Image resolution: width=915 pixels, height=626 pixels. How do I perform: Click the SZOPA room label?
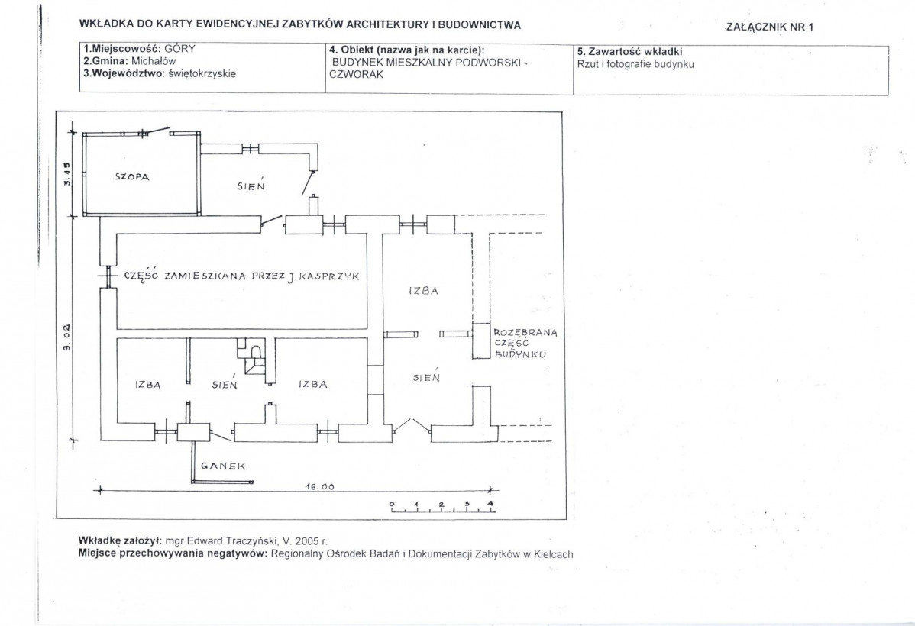point(132,177)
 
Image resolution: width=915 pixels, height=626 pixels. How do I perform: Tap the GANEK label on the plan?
point(223,466)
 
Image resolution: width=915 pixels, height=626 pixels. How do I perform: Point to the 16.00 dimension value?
point(320,486)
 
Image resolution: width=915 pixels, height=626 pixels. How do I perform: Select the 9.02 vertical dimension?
point(66,337)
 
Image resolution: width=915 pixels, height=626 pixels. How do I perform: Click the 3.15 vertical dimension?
point(66,173)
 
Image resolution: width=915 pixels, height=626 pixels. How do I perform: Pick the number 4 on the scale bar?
point(490,504)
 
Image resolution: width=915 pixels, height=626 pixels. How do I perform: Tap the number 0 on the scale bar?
point(392,504)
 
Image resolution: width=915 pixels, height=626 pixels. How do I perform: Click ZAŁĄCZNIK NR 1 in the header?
point(770,27)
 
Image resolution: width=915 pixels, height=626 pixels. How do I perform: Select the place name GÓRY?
point(179,49)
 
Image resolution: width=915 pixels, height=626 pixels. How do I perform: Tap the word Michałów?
point(154,60)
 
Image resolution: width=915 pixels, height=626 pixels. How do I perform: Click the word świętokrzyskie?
point(202,73)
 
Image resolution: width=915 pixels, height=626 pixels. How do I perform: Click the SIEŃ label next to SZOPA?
point(251,185)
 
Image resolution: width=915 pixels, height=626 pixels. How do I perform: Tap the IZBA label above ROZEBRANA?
point(424,291)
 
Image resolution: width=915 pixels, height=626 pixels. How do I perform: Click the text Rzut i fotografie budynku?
point(635,64)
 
